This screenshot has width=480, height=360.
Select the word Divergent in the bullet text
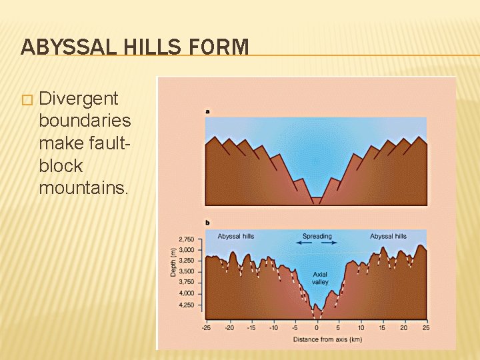[x=79, y=99]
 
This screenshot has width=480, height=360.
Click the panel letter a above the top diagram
[x=207, y=111]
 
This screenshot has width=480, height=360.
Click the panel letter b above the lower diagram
[x=207, y=222]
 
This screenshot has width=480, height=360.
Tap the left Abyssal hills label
[x=235, y=236]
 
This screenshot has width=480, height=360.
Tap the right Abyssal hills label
[x=388, y=236]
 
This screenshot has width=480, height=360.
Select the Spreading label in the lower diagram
[x=317, y=236]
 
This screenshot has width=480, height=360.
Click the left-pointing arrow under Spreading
[x=304, y=243]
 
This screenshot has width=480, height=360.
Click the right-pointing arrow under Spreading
[x=329, y=243]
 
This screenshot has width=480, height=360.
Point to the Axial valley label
[x=320, y=278]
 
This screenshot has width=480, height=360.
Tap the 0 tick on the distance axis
[x=317, y=327]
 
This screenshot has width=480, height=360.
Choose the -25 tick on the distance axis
[x=206, y=327]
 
